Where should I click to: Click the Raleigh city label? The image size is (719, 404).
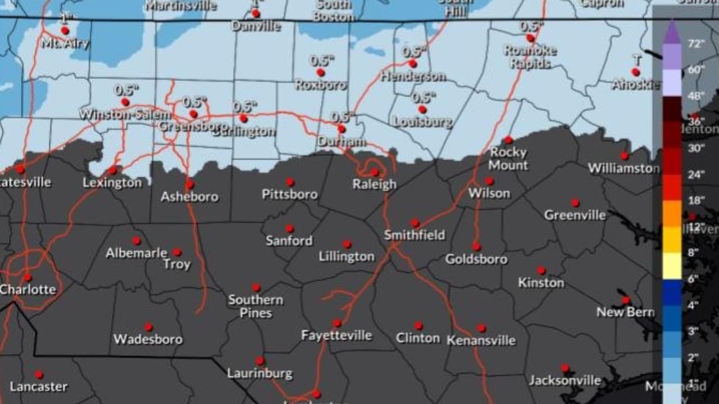[375, 184]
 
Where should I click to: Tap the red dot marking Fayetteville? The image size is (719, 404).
[336, 323]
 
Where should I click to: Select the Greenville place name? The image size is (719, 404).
[575, 215]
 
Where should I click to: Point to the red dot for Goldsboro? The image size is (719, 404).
[476, 246]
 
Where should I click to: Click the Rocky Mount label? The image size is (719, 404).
[508, 159]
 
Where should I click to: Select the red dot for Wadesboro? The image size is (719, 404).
[148, 327]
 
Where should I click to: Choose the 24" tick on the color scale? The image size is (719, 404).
[696, 174]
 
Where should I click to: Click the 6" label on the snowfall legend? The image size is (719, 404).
[693, 278]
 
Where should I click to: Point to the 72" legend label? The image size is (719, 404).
[696, 44]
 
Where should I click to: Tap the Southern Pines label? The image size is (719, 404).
[256, 306]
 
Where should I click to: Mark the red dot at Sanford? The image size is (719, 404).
[289, 228]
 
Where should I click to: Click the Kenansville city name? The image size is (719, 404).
[481, 341]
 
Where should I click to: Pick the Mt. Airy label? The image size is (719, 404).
[65, 43]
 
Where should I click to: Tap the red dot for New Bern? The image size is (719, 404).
[626, 300]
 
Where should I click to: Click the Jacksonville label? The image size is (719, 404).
[565, 380]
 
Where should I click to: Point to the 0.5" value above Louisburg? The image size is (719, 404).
[422, 97]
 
